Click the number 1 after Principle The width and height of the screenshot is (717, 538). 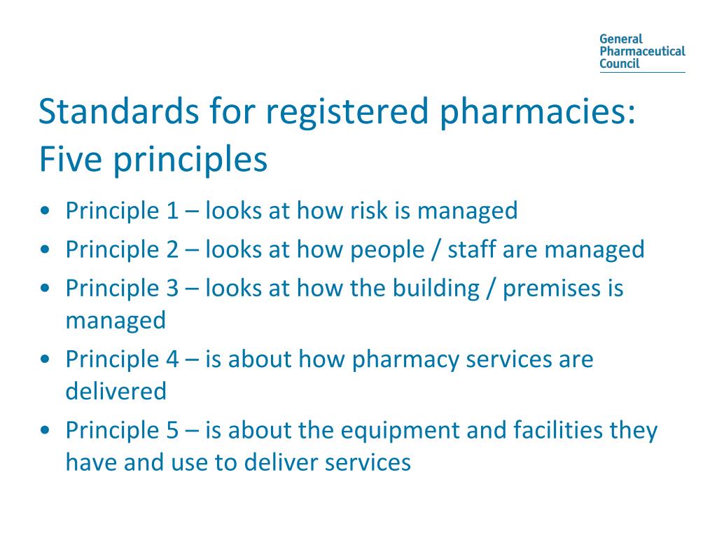[172, 210]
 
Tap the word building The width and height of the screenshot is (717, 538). [438, 288]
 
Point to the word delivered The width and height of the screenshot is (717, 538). [116, 390]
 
